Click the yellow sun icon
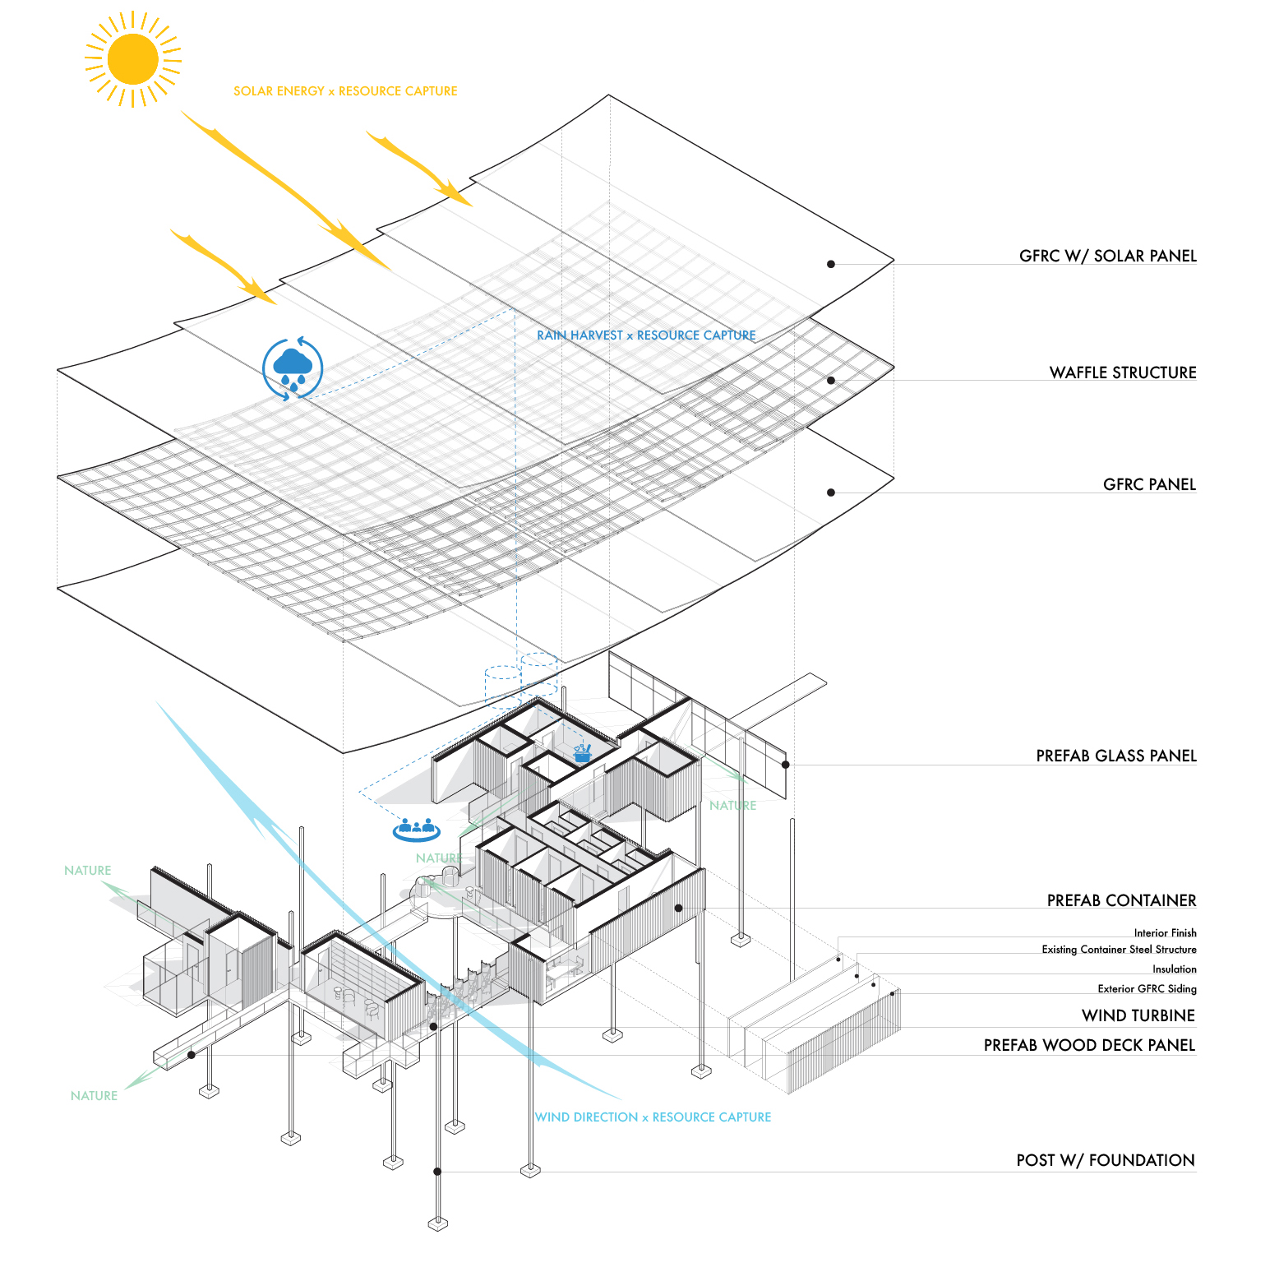pyautogui.click(x=132, y=59)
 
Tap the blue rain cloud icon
pyautogui.click(x=293, y=368)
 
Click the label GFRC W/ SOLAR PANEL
pyautogui.click(x=1107, y=256)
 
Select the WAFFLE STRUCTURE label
pyautogui.click(x=1122, y=372)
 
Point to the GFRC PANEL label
pyautogui.click(x=1149, y=484)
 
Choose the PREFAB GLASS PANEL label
pyautogui.click(x=1115, y=756)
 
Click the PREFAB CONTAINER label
pyautogui.click(x=1121, y=900)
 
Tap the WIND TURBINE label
pyautogui.click(x=1138, y=1015)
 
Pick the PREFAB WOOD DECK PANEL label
pyautogui.click(x=1089, y=1045)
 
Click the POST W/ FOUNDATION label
pyautogui.click(x=1105, y=1160)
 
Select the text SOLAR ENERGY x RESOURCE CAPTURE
pyautogui.click(x=345, y=91)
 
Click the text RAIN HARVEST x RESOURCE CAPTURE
pyautogui.click(x=646, y=335)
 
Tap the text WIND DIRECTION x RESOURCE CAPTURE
pyautogui.click(x=653, y=1117)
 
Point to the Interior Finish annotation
pyautogui.click(x=1165, y=933)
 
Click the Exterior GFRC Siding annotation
pyautogui.click(x=1147, y=989)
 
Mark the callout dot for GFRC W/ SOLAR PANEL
pyautogui.click(x=831, y=264)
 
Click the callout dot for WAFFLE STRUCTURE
pyautogui.click(x=831, y=381)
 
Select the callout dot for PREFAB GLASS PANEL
pyautogui.click(x=785, y=765)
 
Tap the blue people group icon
pyautogui.click(x=416, y=830)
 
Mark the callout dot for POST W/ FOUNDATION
pyautogui.click(x=437, y=1172)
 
